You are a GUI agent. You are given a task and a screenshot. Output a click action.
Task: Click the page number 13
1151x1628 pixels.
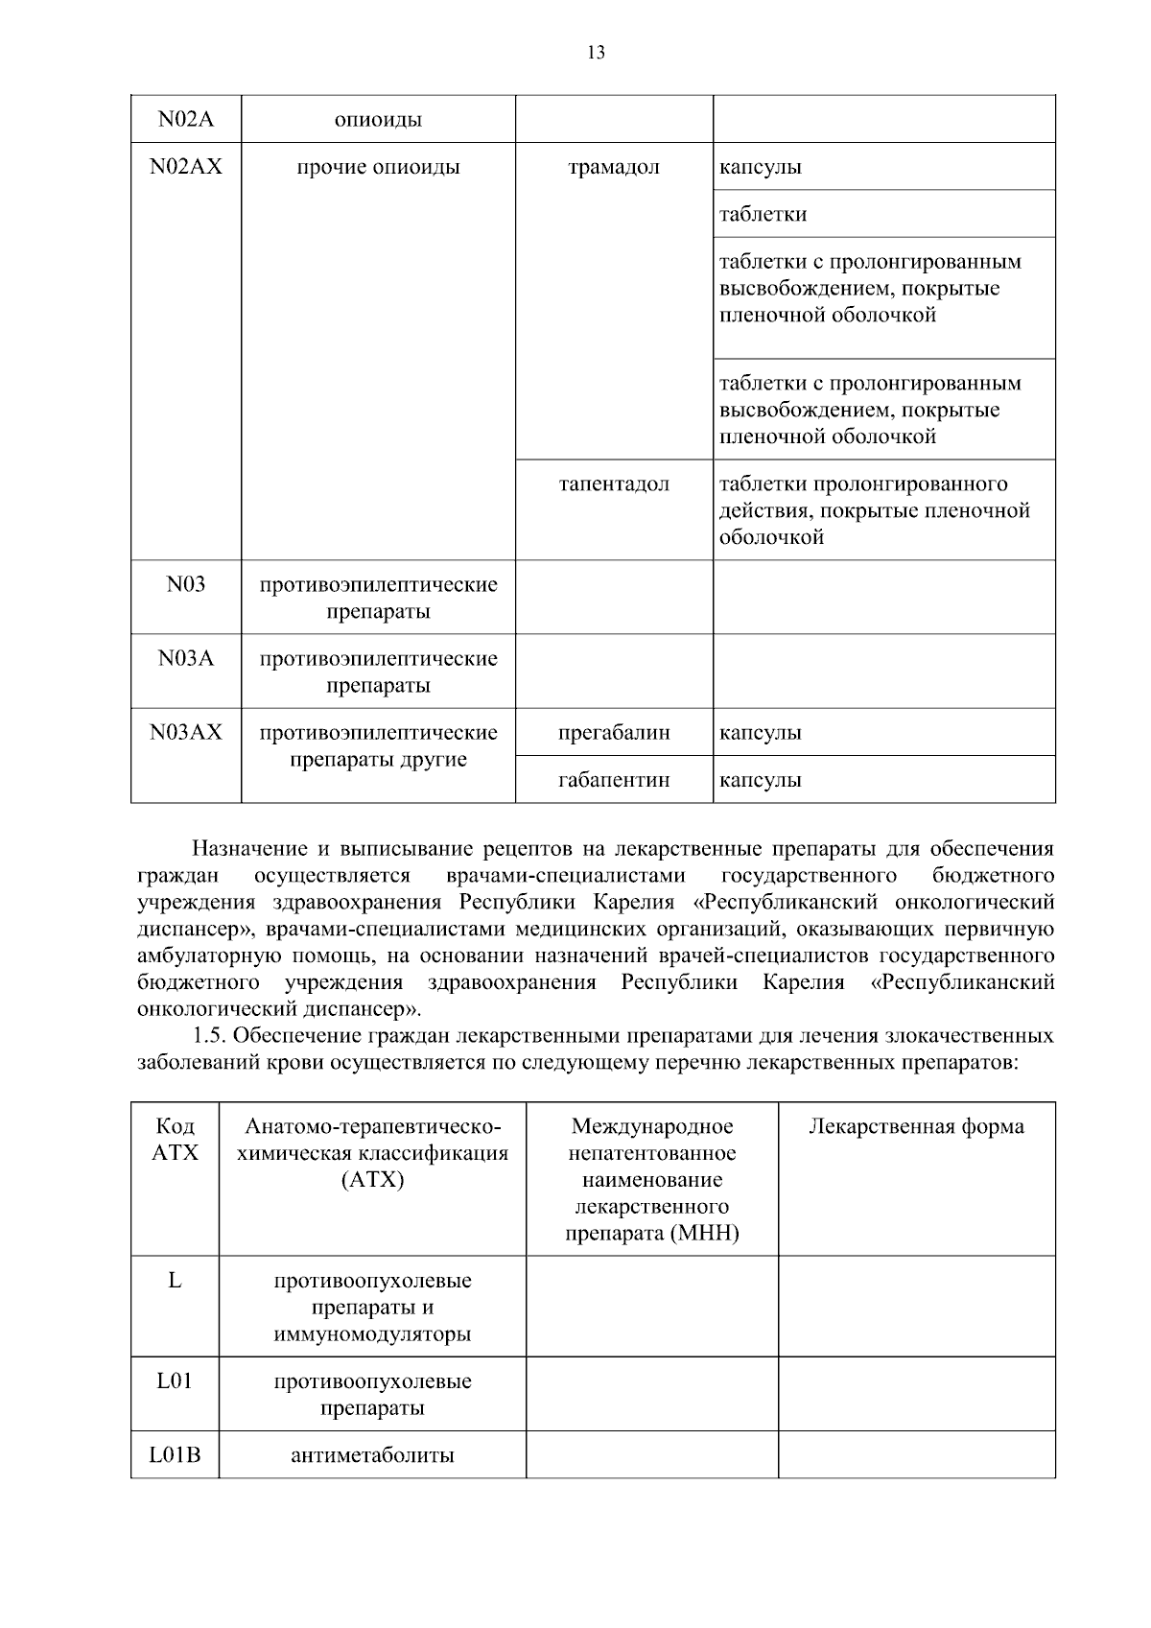coord(596,53)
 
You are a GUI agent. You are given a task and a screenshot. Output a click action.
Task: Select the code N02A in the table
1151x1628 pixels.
coord(186,119)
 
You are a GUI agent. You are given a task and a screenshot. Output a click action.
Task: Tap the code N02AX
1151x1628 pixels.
coord(186,167)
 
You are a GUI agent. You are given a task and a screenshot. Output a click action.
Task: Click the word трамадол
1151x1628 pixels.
coord(614,167)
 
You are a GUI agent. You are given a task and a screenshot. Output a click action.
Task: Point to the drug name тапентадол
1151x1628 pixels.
coord(614,484)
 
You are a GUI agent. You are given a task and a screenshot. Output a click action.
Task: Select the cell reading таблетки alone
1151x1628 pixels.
coord(763,214)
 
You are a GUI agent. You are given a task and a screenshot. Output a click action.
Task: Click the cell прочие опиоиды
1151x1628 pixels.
coord(378,167)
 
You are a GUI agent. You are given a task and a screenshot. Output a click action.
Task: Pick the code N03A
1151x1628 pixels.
coord(186,658)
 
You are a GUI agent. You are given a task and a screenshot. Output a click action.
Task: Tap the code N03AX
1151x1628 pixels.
coord(186,732)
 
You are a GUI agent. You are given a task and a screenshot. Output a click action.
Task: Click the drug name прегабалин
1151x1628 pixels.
coord(614,733)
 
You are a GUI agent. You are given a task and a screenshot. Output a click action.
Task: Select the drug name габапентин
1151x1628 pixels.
coord(614,780)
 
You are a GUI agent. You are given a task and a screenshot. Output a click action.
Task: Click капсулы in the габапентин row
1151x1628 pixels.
coord(761,780)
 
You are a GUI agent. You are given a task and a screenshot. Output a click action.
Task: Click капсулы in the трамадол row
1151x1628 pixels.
coord(761,167)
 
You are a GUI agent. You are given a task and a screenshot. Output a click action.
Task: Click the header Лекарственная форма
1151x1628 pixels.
coord(916,1126)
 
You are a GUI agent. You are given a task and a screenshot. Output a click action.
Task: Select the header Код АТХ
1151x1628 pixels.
coord(175,1139)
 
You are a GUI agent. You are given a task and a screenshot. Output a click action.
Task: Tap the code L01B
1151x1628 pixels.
coord(175,1454)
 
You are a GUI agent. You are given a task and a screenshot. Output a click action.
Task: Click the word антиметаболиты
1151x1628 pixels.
coord(372,1455)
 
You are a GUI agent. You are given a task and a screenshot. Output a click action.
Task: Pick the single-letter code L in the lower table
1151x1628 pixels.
coord(175,1280)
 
